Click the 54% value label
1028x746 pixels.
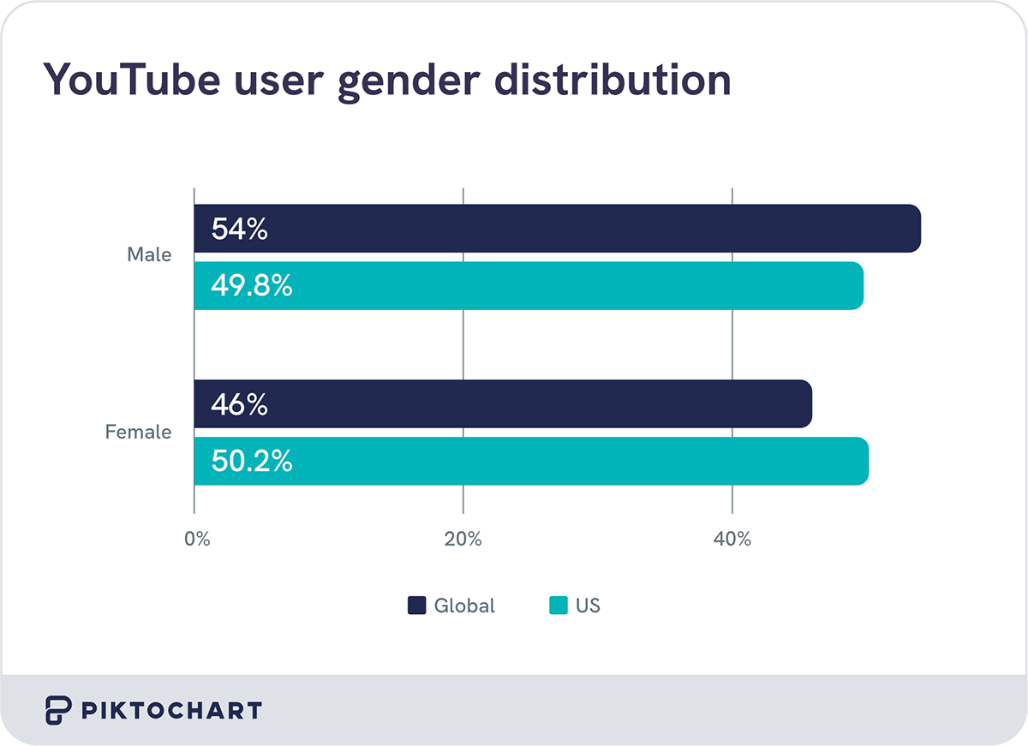tap(240, 229)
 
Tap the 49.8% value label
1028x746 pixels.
tap(252, 286)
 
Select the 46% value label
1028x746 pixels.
tap(240, 404)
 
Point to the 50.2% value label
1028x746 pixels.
tap(252, 462)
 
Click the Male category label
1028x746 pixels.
tap(149, 254)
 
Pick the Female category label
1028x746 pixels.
tap(138, 432)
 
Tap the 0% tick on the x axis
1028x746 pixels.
tap(197, 540)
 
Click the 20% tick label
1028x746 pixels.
tap(463, 540)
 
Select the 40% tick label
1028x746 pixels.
tap(732, 540)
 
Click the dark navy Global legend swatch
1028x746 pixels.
tap(416, 606)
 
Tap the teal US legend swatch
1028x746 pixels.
tap(558, 606)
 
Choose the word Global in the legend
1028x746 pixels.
tap(464, 606)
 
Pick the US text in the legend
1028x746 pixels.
tap(589, 606)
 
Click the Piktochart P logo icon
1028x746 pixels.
tap(57, 710)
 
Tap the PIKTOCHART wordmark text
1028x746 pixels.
tap(170, 710)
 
